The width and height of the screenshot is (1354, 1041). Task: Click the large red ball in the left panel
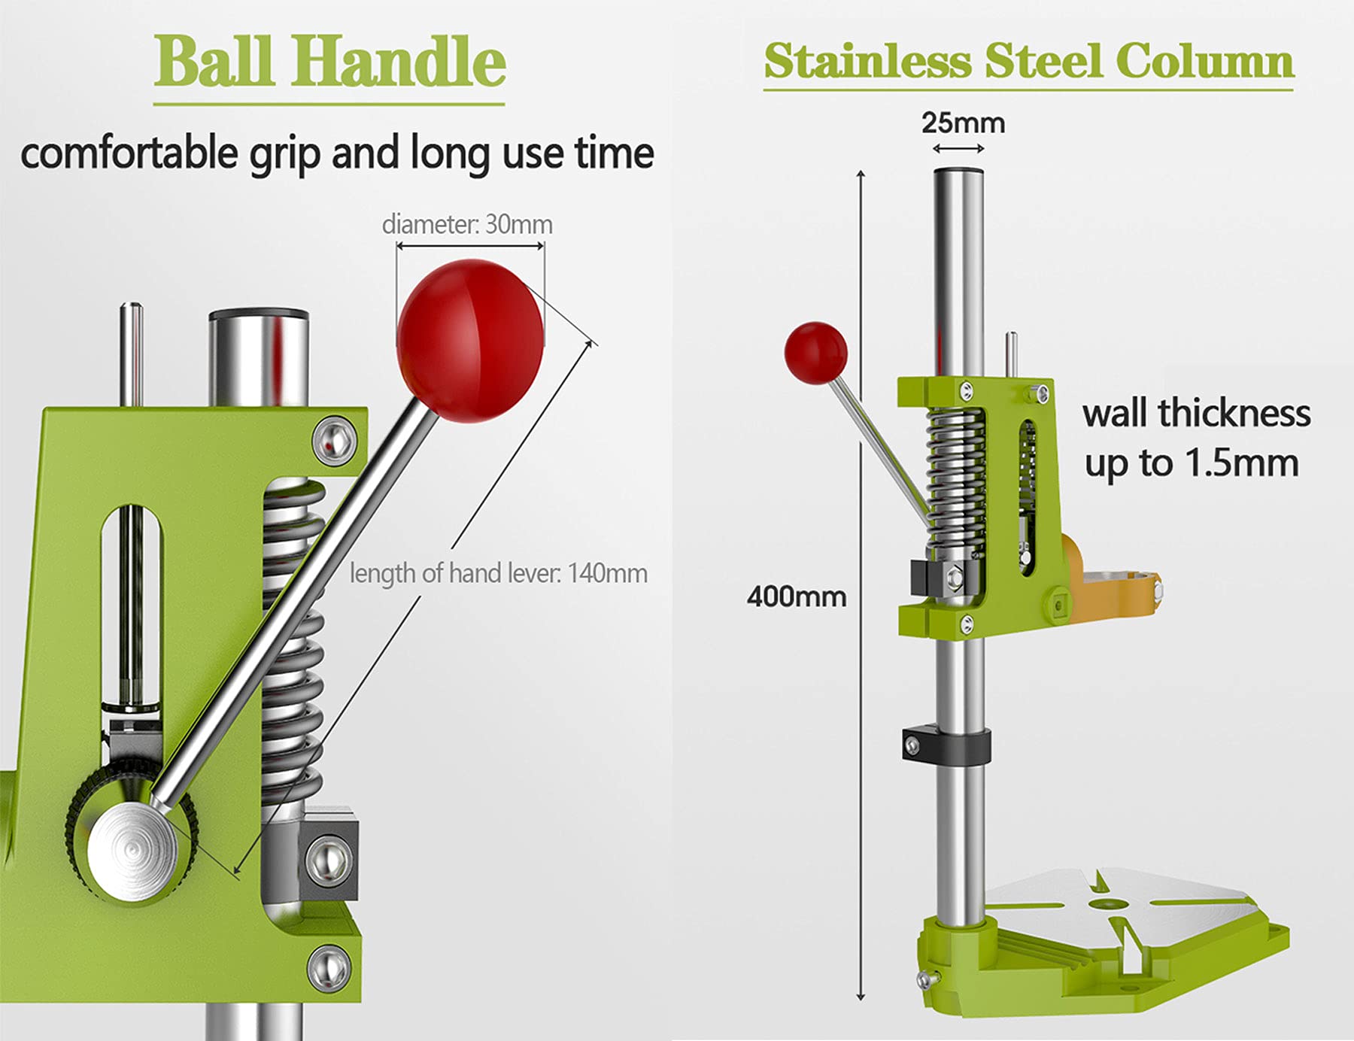[x=470, y=340]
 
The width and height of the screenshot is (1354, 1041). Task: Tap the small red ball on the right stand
[x=815, y=353]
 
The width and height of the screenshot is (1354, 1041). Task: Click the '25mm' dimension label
[x=963, y=123]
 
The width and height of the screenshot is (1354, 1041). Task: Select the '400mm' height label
[x=797, y=596]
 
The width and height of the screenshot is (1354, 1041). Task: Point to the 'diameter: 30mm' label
[x=467, y=224]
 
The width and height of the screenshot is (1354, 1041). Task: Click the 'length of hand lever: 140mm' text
[x=499, y=573]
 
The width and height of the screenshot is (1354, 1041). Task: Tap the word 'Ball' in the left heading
[x=214, y=62]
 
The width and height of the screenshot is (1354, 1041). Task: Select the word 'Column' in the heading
[x=1204, y=61]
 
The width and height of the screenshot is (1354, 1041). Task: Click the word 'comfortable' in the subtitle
[x=129, y=154]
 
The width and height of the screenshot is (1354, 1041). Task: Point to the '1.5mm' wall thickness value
[x=1242, y=463]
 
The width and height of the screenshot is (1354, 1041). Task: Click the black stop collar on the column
[x=946, y=743]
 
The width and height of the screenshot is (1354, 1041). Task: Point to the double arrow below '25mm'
[x=958, y=149]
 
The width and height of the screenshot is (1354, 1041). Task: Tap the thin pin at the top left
[x=132, y=354]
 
